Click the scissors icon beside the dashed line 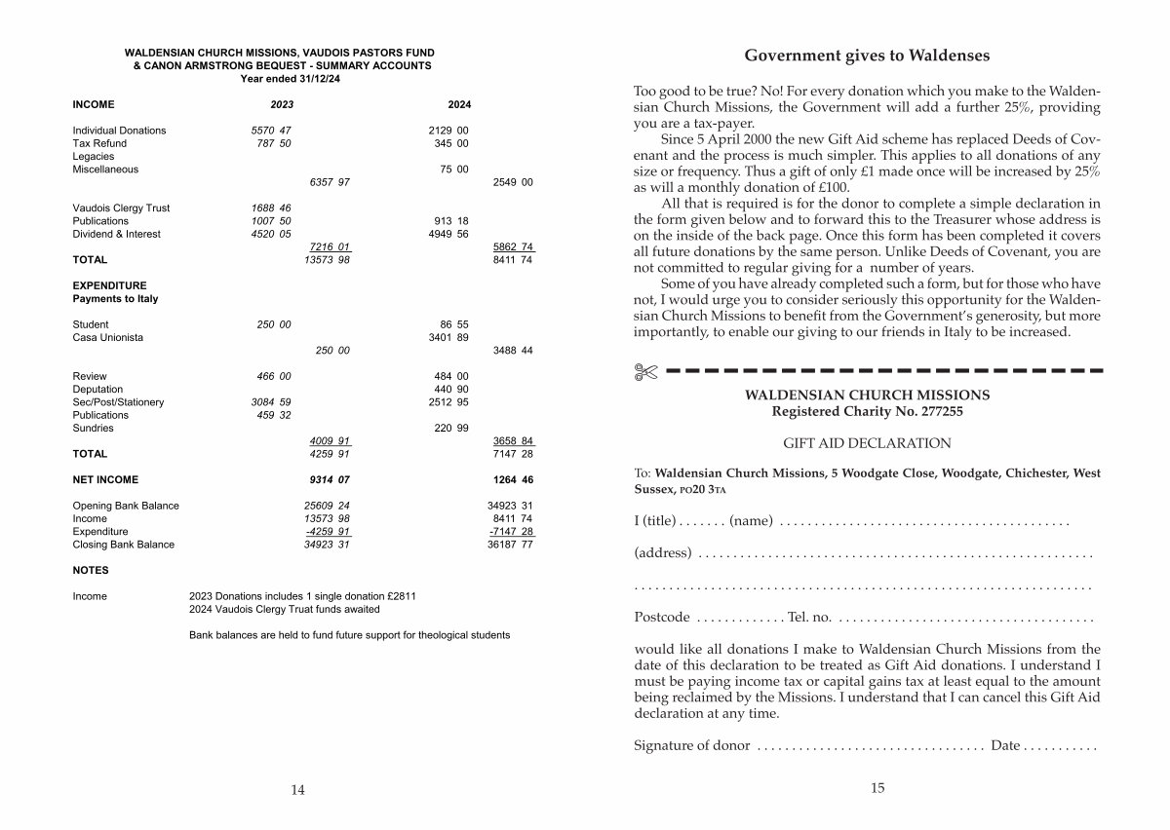[x=645, y=371]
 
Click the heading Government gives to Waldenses [x=867, y=56]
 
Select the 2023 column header [x=282, y=104]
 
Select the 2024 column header [x=458, y=104]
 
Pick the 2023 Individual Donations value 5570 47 [x=271, y=131]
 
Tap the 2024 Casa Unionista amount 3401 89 [x=448, y=337]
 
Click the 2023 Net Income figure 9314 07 [x=330, y=479]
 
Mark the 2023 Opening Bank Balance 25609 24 [x=330, y=506]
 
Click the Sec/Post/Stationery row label [x=118, y=402]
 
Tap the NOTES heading [x=91, y=570]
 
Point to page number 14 [x=297, y=790]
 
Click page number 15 [x=877, y=788]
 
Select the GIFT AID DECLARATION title [x=867, y=443]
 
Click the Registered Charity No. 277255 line [x=867, y=412]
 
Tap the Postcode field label [x=662, y=618]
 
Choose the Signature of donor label [x=692, y=745]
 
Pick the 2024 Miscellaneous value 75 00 [x=453, y=170]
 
